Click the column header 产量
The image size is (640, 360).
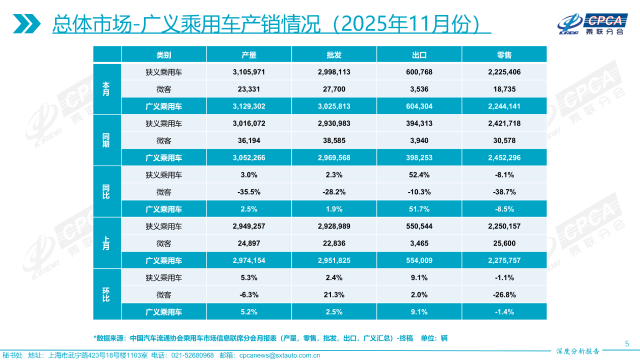248,55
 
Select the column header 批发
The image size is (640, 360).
333,55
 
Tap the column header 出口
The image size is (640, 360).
419,55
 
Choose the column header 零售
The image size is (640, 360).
504,55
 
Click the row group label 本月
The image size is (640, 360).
106,89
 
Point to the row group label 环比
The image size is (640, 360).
106,295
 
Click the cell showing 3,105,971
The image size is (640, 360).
248,72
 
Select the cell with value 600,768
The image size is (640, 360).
419,72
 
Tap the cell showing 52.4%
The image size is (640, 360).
419,175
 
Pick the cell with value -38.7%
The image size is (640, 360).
504,192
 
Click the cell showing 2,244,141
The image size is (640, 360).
504,106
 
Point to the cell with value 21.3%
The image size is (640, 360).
333,295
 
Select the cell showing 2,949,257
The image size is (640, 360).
248,226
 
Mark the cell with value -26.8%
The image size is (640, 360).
504,295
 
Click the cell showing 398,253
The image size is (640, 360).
419,157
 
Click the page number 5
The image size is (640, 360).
627,343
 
